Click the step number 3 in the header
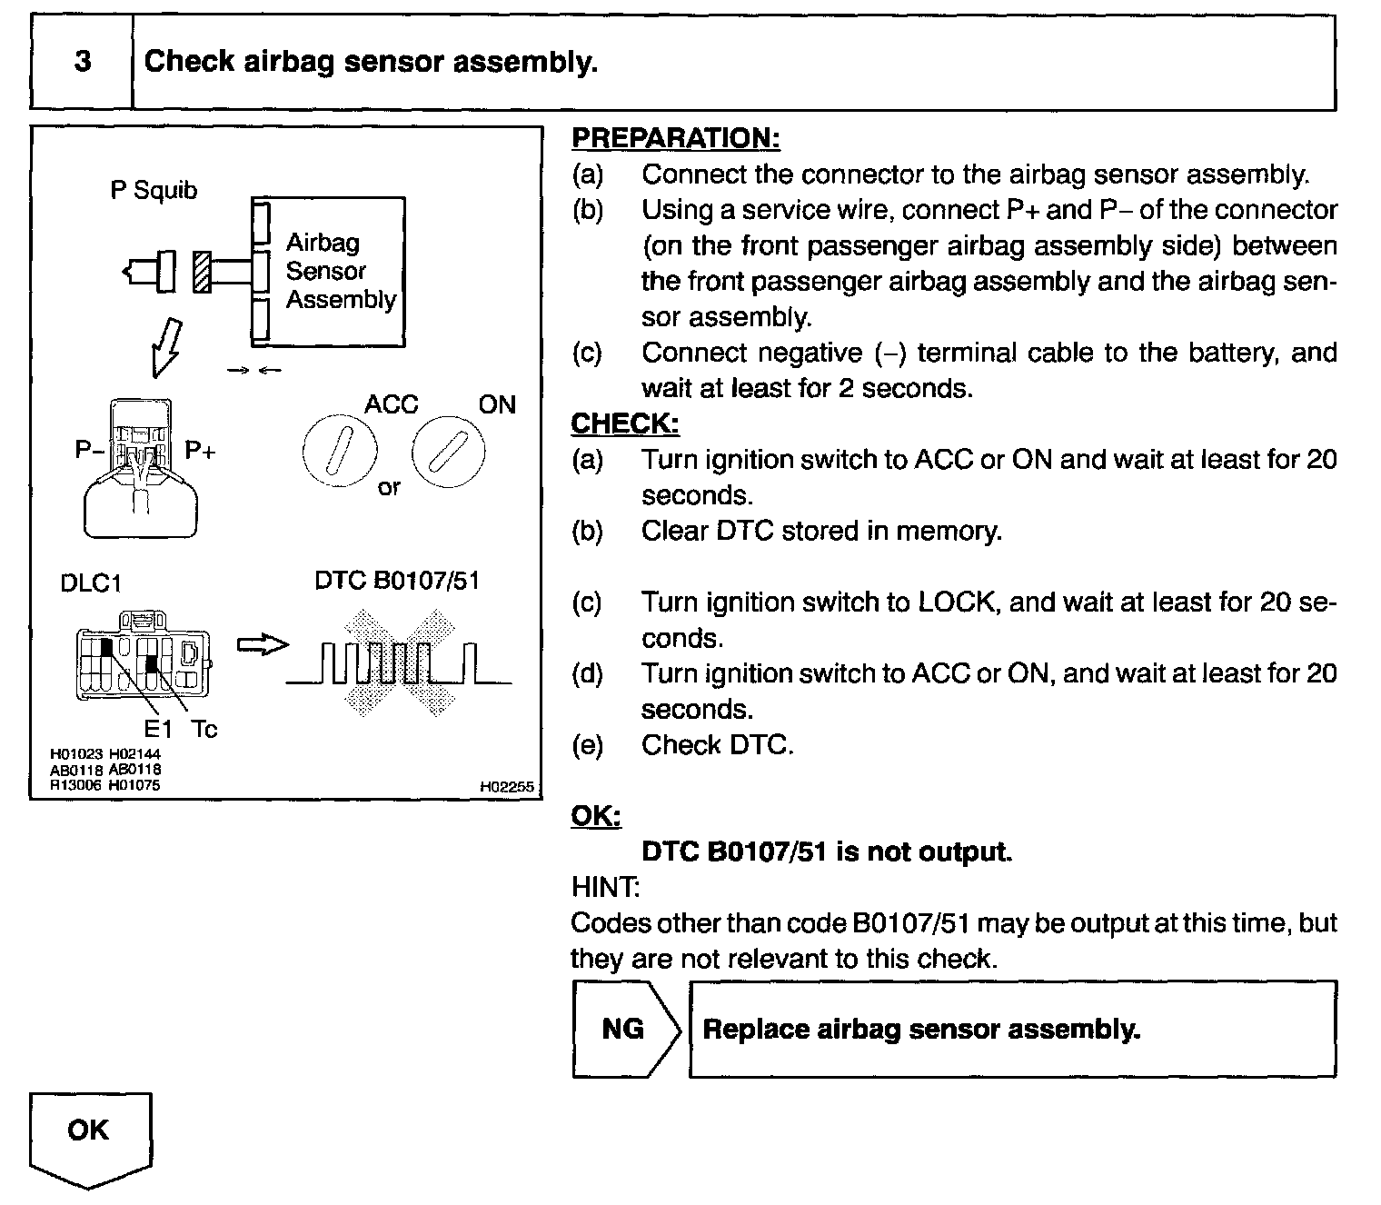[83, 62]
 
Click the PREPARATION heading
[675, 138]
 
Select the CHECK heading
[624, 423]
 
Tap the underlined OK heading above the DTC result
[595, 816]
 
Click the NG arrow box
[625, 1029]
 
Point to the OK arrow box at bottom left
[89, 1136]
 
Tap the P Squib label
[154, 191]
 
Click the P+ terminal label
[200, 450]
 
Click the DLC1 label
[90, 583]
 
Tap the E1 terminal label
[158, 729]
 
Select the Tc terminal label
[204, 729]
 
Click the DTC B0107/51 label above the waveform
[396, 581]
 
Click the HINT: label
[604, 887]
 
